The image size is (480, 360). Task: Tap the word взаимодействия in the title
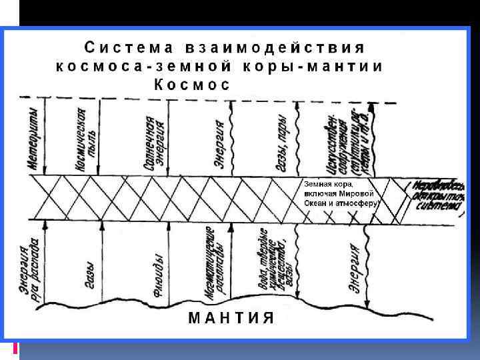(x=275, y=48)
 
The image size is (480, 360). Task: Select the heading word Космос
(x=192, y=85)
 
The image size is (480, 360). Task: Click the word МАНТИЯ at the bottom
(x=231, y=317)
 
